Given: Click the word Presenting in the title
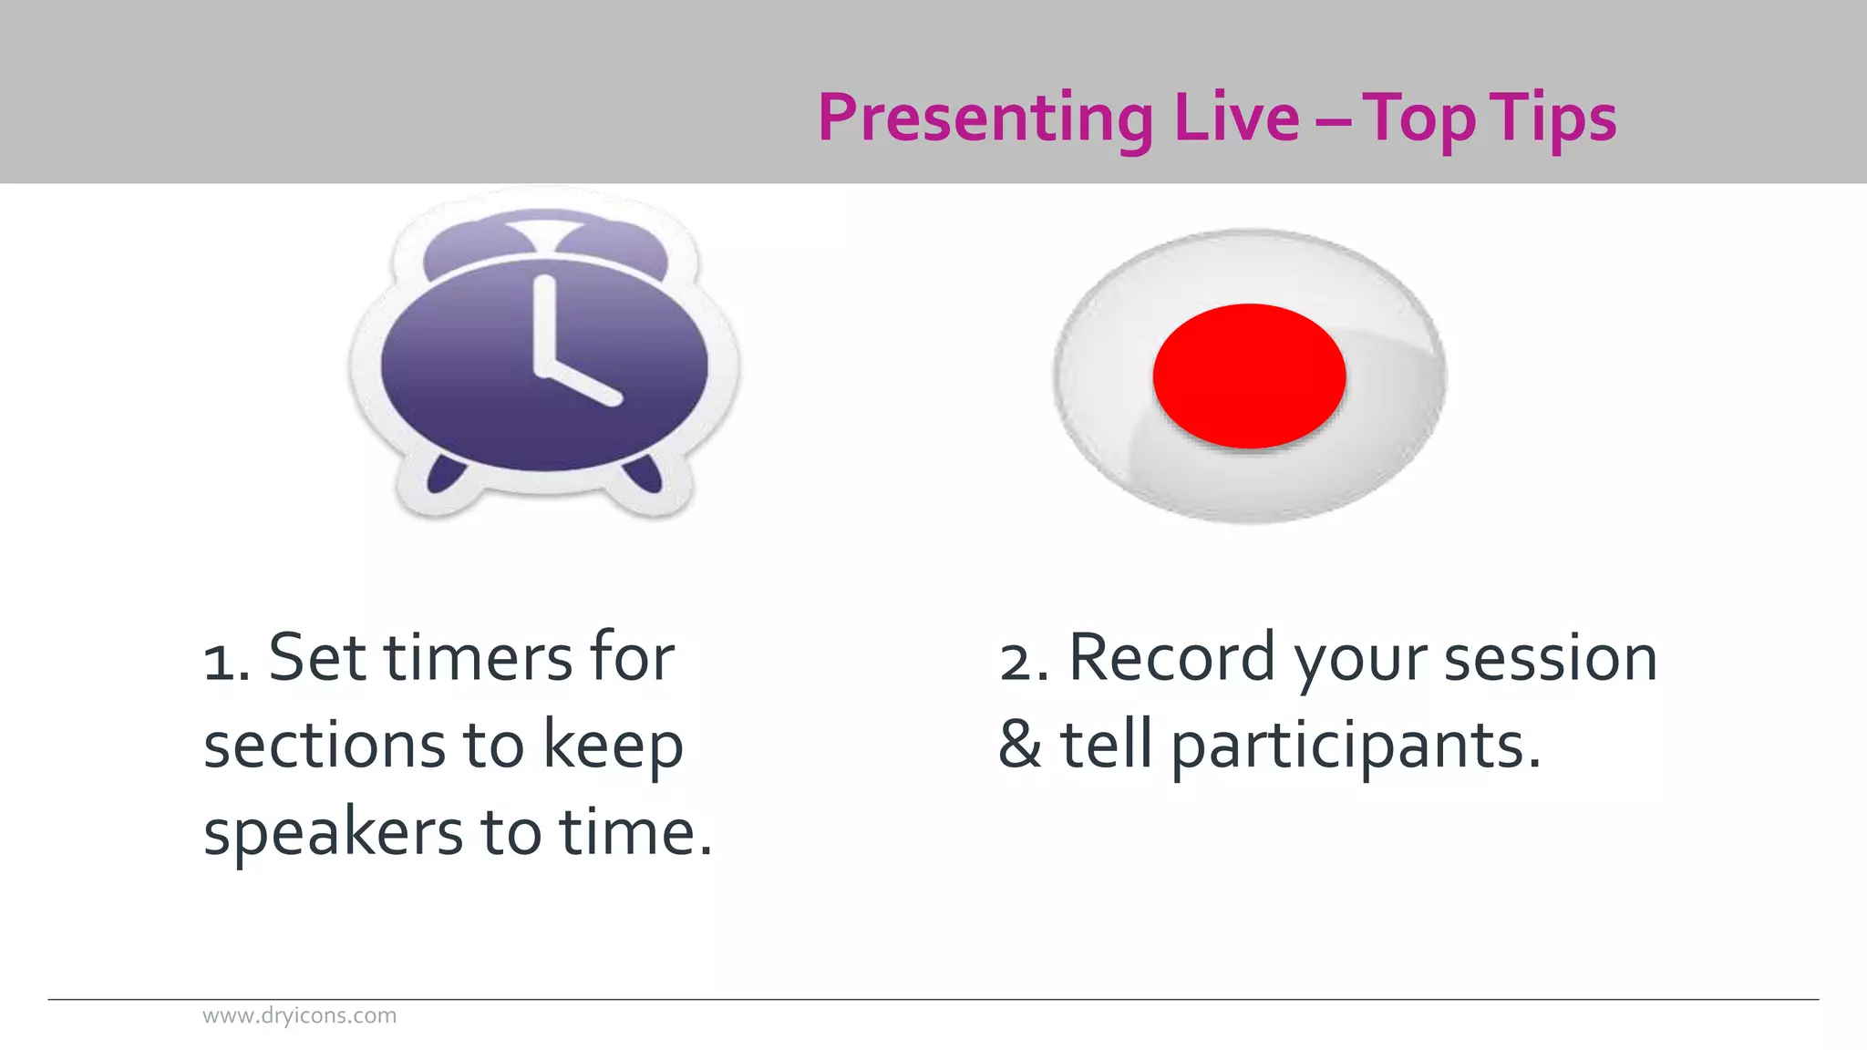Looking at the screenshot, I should pos(985,118).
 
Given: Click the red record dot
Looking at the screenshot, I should pos(1249,376).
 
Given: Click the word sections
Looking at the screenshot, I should pos(325,746).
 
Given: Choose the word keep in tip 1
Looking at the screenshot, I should pos(613,746).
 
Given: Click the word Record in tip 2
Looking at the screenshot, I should pos(1171,657).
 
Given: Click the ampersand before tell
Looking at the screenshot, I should pos(1020,745).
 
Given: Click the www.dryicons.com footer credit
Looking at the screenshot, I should pos(299,1015).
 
